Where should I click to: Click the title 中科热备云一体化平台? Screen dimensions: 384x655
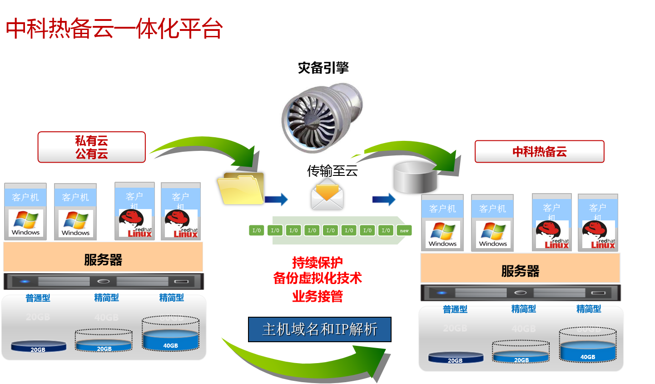pyautogui.click(x=114, y=29)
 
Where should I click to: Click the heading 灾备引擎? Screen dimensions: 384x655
pyautogui.click(x=323, y=68)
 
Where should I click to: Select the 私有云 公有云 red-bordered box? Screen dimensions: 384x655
pyautogui.click(x=91, y=147)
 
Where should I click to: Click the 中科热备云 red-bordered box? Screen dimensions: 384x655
pyautogui.click(x=539, y=152)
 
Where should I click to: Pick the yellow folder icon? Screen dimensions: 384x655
pyautogui.click(x=241, y=189)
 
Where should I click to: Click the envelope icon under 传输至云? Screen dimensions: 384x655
pyautogui.click(x=327, y=194)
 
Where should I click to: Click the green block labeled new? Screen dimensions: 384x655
pyautogui.click(x=404, y=230)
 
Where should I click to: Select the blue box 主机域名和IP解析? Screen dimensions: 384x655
pyautogui.click(x=319, y=329)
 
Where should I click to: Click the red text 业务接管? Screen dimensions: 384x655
pyautogui.click(x=318, y=297)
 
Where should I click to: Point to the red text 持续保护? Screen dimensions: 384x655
pyautogui.click(x=318, y=263)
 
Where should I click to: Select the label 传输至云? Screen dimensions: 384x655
pyautogui.click(x=332, y=171)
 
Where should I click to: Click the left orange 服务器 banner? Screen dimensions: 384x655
pyautogui.click(x=103, y=259)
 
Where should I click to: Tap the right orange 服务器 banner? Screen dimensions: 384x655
pyautogui.click(x=520, y=271)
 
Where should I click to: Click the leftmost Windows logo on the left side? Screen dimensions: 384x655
pyautogui.click(x=25, y=222)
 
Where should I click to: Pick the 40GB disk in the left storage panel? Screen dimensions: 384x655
pyautogui.click(x=170, y=339)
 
